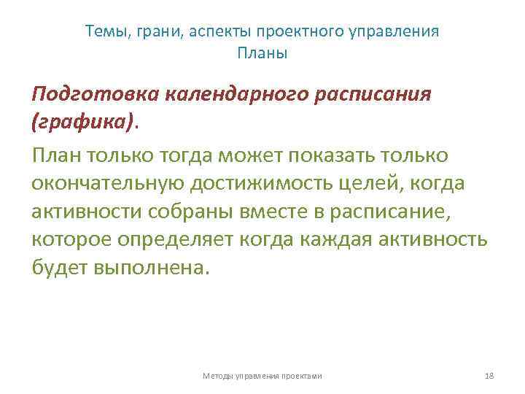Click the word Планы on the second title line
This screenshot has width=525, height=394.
coord(262,53)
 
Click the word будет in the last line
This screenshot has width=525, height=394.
coord(59,266)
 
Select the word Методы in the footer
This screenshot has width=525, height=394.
coord(216,375)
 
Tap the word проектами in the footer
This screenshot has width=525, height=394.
coord(300,375)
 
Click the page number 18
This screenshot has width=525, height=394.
coord(489,375)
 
